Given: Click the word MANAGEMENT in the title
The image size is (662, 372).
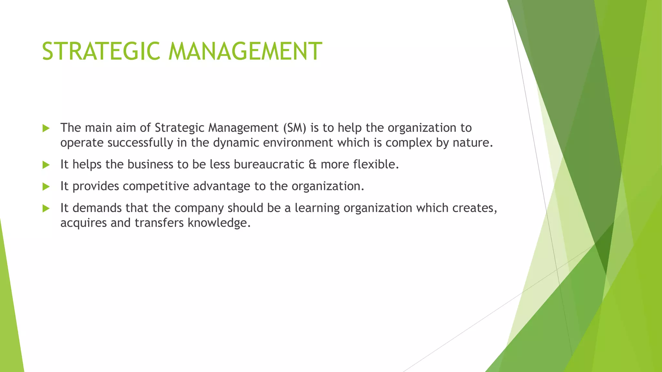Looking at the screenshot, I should (x=245, y=51).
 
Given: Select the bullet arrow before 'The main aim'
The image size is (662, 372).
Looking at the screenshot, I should (x=46, y=128).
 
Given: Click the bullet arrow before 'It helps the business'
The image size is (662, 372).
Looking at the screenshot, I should (x=46, y=165).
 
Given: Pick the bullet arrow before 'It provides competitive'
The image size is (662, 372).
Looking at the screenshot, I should (x=46, y=187).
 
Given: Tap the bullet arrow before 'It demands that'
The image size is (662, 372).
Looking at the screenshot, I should (x=46, y=208).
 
